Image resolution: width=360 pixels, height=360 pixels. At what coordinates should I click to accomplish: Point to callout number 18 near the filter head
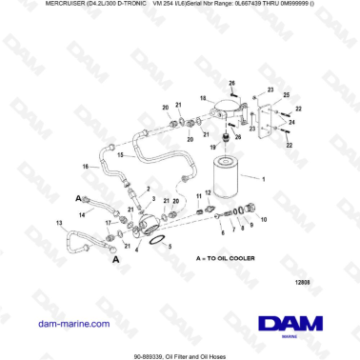click(x=203, y=98)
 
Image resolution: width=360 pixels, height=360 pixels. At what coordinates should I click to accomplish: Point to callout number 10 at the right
click(x=263, y=219)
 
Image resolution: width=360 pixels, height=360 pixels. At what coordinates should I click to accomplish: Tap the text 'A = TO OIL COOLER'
click(x=230, y=259)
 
